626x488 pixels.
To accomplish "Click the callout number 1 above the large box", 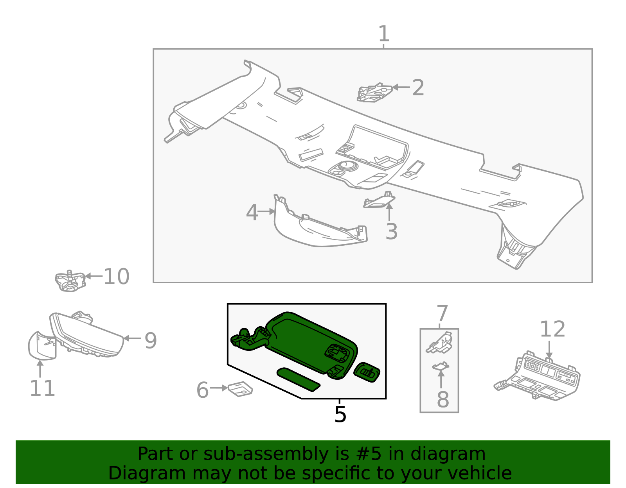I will click(x=383, y=34).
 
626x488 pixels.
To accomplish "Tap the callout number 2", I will click(x=418, y=88).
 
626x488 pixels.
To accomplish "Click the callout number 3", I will click(x=391, y=231).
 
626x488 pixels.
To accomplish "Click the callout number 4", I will click(x=252, y=213).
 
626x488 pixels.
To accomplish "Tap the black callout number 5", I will click(x=340, y=414).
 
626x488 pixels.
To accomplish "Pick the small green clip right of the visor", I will click(x=367, y=372).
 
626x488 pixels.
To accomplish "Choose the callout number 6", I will click(x=202, y=390).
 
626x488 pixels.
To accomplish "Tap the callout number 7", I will click(x=442, y=314).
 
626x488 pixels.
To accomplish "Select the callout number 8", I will click(x=443, y=399).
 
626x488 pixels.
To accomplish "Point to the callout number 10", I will click(x=116, y=277).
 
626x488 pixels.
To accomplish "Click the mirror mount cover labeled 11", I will click(x=41, y=345).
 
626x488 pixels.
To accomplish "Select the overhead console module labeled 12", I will click(x=540, y=377).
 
